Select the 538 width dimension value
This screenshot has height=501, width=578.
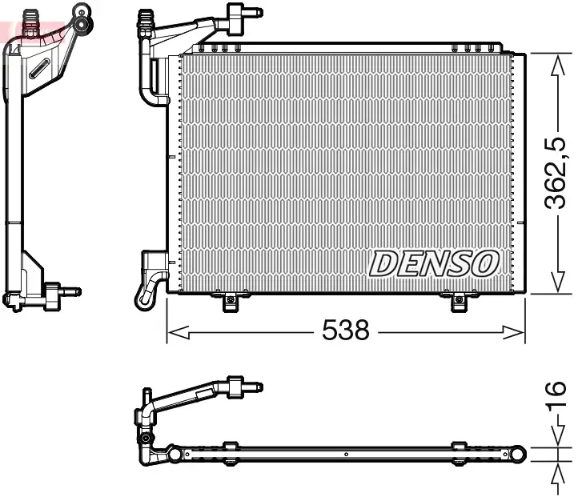[345, 329]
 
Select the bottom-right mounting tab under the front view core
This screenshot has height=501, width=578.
[458, 302]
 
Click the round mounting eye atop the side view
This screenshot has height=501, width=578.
[82, 13]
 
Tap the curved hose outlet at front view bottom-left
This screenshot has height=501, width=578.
[147, 292]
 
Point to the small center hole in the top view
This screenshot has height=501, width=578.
[345, 455]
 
